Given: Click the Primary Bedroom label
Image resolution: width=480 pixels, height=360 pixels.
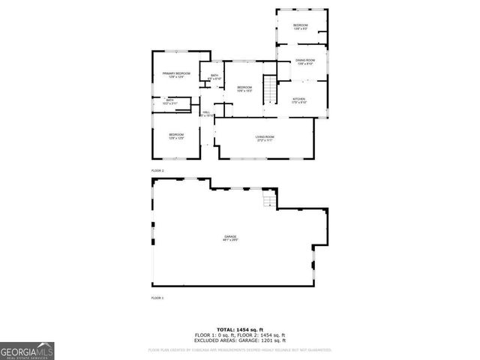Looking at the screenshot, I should pos(176,73).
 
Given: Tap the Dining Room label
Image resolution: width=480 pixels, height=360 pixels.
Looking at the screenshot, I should pos(304,60).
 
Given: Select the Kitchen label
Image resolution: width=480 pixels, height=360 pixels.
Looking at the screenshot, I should pos(298,98).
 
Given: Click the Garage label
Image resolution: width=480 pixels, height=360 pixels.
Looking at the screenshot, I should pos(229,237).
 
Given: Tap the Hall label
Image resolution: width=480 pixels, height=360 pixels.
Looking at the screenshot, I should pos(205,112).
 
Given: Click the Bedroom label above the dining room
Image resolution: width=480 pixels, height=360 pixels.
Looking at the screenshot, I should pos(300,26).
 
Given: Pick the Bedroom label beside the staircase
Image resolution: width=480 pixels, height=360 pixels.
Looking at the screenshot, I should pos(244,88).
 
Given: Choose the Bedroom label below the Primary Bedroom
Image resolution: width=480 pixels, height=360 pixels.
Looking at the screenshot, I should pos(176,134).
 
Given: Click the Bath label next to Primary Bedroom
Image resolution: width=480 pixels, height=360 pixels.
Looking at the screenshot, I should pos(214,75).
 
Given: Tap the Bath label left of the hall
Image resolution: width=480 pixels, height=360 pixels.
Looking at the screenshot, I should pos(170,100).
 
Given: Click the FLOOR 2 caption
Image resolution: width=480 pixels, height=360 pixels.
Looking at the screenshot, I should pos(157,171).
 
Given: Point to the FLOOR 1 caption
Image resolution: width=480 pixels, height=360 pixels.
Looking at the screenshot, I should pos(157,298).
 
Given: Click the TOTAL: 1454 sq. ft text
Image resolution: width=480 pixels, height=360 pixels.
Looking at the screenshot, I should pos(239,329).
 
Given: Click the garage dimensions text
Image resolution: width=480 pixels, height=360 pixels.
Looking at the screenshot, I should pos(229,241).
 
